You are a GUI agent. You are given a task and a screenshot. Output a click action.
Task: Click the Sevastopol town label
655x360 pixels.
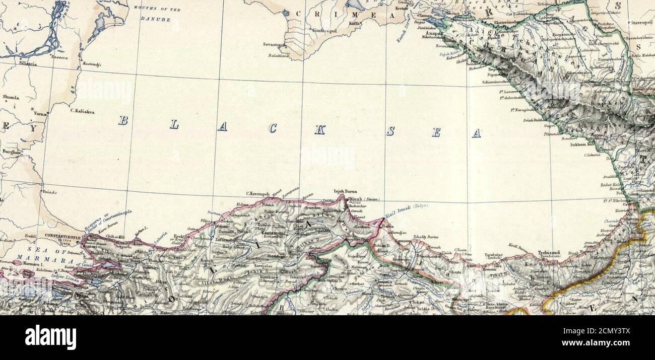pyautogui.click(x=274, y=44)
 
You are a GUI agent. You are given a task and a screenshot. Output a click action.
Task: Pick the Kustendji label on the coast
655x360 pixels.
pyautogui.click(x=92, y=65)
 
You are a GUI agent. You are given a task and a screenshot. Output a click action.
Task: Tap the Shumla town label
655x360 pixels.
pyautogui.click(x=11, y=97)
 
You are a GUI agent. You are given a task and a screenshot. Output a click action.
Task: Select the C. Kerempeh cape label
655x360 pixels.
pyautogui.click(x=258, y=193)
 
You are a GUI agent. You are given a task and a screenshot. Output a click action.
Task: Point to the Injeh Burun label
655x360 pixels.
pyautogui.click(x=345, y=191)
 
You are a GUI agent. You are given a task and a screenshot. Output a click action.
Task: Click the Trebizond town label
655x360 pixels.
pyautogui.click(x=549, y=252)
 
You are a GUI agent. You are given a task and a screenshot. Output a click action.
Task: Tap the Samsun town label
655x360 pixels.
pyautogui.click(x=403, y=242)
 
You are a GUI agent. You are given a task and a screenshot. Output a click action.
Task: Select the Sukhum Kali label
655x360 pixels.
pyautogui.click(x=582, y=145)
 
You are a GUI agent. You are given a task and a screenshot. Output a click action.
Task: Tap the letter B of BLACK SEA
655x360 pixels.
pyautogui.click(x=123, y=120)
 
